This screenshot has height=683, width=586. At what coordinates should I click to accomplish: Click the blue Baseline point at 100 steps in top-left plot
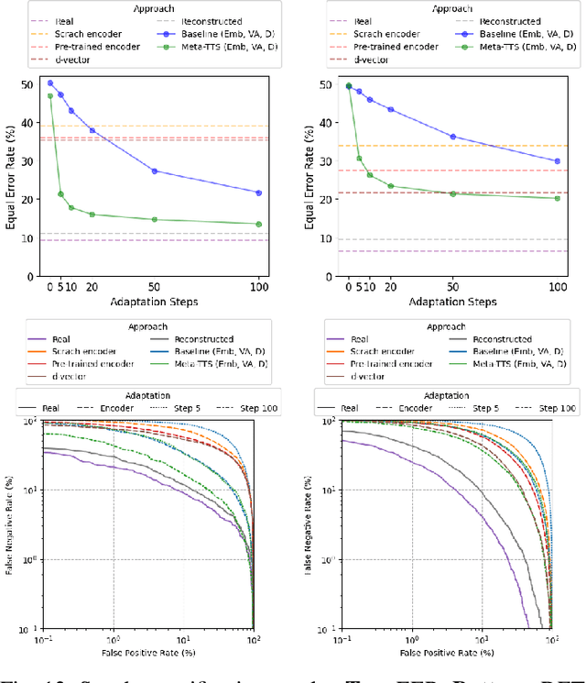tap(258, 193)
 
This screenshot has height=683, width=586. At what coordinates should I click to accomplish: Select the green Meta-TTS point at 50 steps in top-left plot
tap(154, 219)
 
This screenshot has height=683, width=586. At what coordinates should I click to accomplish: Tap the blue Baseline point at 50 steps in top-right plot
tap(452, 137)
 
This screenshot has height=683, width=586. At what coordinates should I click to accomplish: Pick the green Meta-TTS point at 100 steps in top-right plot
tap(557, 198)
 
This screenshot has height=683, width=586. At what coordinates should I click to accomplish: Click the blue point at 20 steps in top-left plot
tap(92, 130)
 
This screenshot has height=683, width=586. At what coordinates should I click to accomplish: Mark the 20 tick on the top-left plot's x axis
tap(92, 288)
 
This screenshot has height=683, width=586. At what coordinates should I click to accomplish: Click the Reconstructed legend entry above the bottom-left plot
tap(204, 338)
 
